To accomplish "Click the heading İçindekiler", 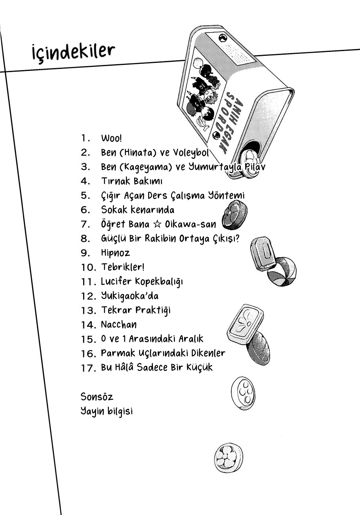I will [73, 51].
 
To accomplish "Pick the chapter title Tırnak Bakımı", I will [131, 181].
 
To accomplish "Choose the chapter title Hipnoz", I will [115, 253].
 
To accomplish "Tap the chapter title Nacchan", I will [119, 324].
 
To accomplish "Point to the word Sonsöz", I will [97, 397].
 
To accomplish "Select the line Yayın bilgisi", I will [106, 411].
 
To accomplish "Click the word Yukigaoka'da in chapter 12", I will [130, 296].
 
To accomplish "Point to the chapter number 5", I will [85, 195].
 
